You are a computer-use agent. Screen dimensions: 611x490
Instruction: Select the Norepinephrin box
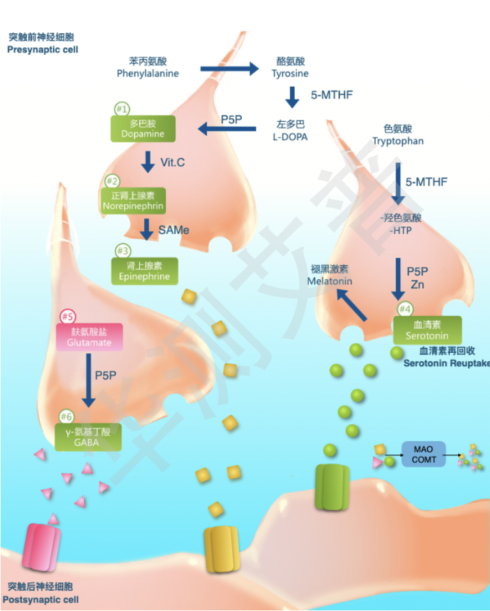(133, 200)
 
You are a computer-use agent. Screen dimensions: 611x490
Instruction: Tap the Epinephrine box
(144, 271)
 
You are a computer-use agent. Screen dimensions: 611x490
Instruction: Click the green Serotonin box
(427, 330)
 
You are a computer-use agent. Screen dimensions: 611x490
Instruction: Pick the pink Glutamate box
(89, 337)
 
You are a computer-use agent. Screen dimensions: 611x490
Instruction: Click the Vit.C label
(172, 163)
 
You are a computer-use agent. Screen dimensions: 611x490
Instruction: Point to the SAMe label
(174, 230)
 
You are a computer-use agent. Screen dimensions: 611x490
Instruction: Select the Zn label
(417, 284)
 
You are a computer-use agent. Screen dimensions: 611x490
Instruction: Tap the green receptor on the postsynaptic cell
(332, 487)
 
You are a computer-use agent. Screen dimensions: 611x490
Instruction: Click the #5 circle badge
(68, 316)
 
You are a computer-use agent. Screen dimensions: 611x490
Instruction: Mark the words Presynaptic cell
(43, 49)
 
